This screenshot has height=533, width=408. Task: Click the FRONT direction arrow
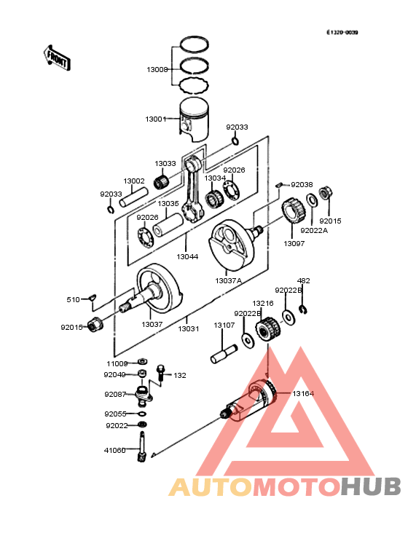point(58,58)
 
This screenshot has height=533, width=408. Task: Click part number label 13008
point(157,70)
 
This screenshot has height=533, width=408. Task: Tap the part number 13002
point(133,181)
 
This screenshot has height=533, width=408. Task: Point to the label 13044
point(187,256)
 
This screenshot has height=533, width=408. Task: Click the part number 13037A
point(228,280)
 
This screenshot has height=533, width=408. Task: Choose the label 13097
point(295,243)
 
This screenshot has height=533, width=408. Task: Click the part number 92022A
point(314,230)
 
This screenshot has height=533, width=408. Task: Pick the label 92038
point(302,185)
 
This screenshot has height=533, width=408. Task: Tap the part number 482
point(303,280)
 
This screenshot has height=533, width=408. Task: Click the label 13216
point(263,303)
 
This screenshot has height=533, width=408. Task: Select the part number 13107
point(224,325)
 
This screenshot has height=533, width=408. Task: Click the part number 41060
point(114,450)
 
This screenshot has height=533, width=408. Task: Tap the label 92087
point(115,394)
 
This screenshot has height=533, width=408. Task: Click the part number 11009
point(117,363)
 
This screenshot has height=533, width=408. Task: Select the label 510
point(74,299)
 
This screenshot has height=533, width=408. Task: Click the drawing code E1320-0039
point(342,33)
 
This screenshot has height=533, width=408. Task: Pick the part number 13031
point(188,328)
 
